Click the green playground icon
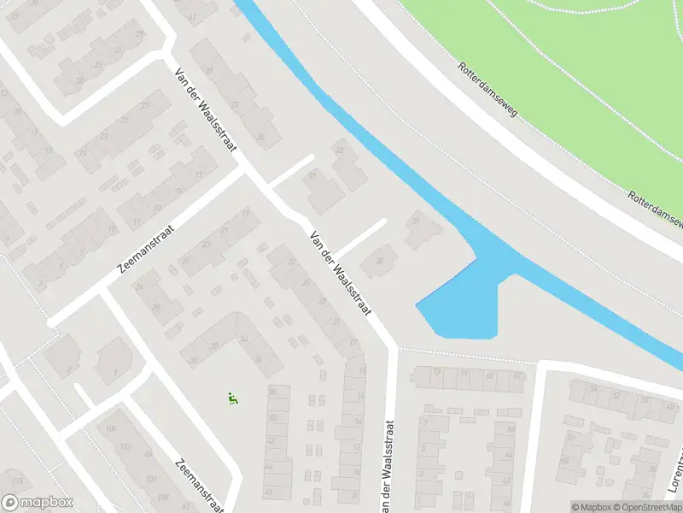coord(231,398)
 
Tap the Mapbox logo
coord(38,503)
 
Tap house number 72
coord(436,374)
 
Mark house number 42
coord(272,440)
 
